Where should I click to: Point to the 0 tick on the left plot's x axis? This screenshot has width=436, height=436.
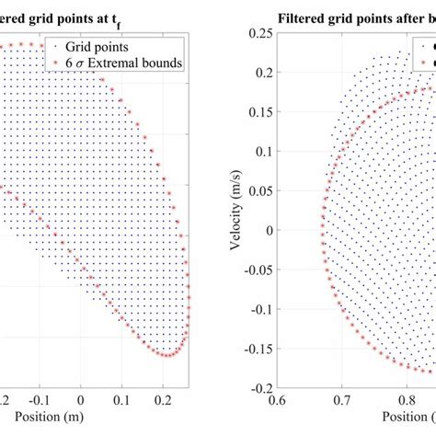81,401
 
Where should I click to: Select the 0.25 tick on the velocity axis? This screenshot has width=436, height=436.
258,31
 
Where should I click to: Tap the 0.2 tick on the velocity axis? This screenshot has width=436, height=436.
261,71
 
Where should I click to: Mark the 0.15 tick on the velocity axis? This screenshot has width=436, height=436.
258,110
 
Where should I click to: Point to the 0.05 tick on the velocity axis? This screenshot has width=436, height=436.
258,189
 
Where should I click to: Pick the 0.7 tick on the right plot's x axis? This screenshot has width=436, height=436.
342,401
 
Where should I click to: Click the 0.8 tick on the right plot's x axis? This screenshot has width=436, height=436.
408,401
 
